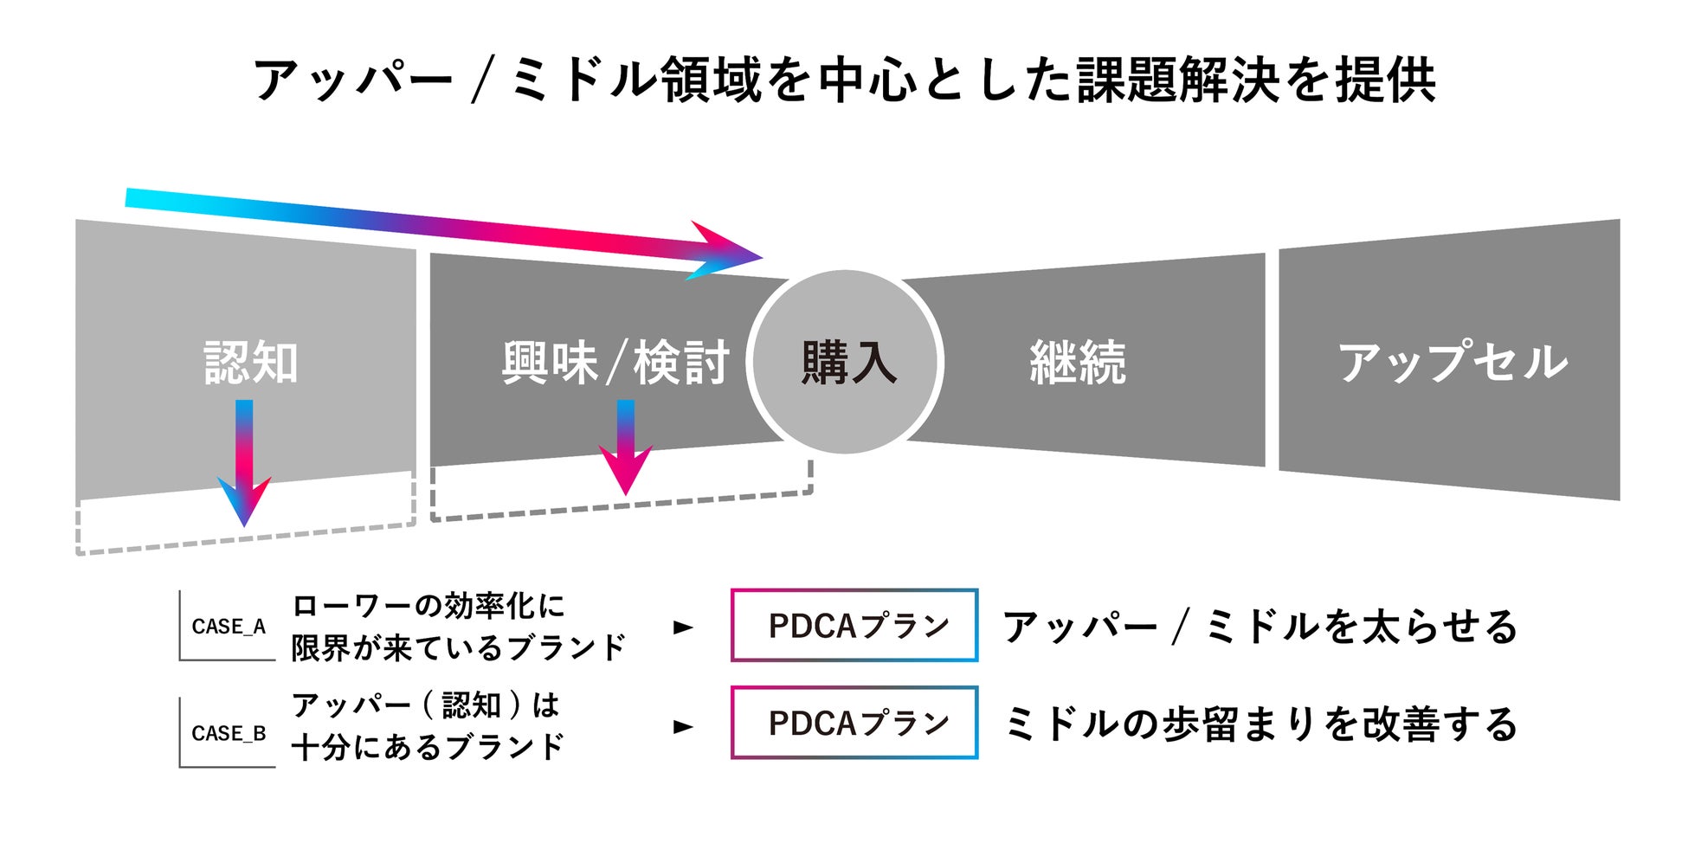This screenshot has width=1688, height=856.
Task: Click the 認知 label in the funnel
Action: tap(251, 362)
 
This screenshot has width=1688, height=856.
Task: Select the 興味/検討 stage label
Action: tap(615, 362)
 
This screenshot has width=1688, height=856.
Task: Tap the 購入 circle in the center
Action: tap(846, 362)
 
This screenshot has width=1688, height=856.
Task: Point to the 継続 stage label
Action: tap(1078, 362)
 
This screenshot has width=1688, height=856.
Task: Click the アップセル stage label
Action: tap(1452, 362)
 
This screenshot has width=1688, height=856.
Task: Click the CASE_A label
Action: tap(229, 627)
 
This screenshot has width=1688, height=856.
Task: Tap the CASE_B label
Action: tap(229, 733)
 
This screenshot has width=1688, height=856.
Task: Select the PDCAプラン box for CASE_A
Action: tap(854, 626)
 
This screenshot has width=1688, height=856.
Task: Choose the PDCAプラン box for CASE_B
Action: tap(854, 723)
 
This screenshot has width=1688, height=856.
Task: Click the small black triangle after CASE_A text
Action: tap(683, 628)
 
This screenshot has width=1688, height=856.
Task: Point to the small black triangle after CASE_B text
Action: tap(683, 727)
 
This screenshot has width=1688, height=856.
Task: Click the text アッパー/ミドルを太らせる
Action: tap(1260, 627)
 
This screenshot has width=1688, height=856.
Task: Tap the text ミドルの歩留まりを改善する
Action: tap(1260, 724)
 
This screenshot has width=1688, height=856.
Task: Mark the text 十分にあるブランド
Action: tap(428, 747)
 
